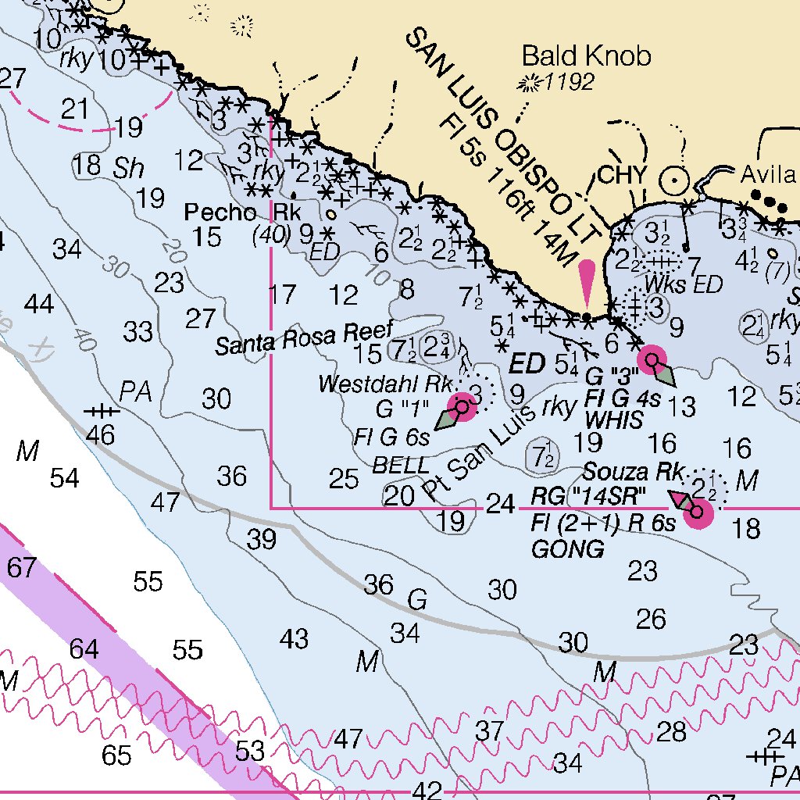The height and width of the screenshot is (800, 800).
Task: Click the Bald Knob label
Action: (x=586, y=56)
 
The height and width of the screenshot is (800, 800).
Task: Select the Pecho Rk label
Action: (x=242, y=212)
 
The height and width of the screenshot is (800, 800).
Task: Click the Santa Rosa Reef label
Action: (x=304, y=337)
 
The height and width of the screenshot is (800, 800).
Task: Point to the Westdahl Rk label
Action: (x=386, y=384)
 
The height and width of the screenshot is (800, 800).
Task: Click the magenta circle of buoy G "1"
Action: (x=462, y=407)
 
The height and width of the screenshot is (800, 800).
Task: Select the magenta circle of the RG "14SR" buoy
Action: (x=697, y=513)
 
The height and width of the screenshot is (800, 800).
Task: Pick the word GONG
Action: (x=568, y=549)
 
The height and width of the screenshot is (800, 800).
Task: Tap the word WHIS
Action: (x=613, y=420)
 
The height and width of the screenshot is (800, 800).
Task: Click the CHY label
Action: (x=622, y=175)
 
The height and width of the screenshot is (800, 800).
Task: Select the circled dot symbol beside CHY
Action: (x=673, y=180)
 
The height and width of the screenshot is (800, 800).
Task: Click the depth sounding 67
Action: (x=22, y=567)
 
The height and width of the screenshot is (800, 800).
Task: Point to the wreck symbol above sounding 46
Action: (x=102, y=410)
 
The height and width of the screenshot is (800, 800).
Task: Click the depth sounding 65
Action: (x=117, y=755)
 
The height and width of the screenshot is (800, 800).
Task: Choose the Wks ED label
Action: (x=684, y=284)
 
